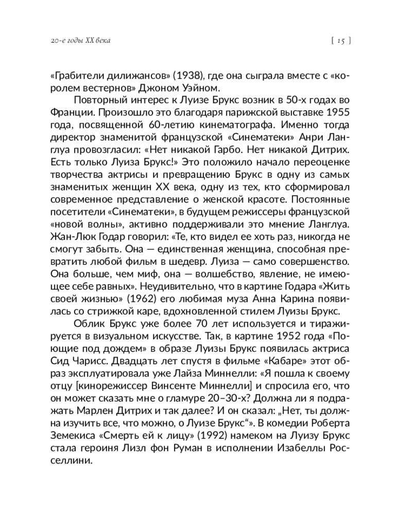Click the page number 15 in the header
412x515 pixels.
[x=340, y=41]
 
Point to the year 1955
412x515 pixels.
[x=336, y=113]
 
